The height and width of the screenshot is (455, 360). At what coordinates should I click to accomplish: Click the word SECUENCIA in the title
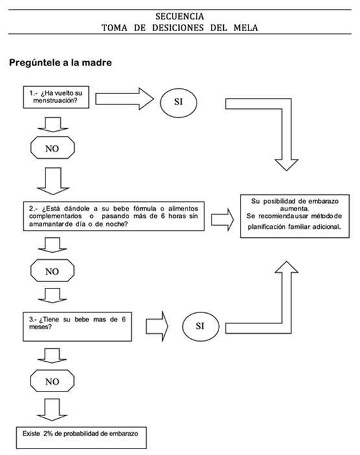tap(180, 16)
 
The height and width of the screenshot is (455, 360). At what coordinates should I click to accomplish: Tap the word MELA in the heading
tap(246, 28)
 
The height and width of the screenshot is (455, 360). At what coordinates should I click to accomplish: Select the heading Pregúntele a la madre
tap(60, 62)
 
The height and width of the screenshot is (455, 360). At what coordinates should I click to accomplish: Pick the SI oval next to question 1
tap(178, 102)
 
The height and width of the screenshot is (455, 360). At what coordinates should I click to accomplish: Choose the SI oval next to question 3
tap(200, 326)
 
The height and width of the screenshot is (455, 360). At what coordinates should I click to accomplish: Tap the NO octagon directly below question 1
tap(53, 148)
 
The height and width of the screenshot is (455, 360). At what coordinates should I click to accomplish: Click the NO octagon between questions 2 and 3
tap(53, 271)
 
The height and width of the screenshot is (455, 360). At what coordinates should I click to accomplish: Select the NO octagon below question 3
tap(53, 381)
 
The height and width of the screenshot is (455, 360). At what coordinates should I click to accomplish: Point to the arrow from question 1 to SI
tap(125, 99)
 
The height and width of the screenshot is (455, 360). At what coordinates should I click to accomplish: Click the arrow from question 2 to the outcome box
tap(222, 220)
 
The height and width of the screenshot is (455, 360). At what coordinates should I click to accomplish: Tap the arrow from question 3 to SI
tap(157, 327)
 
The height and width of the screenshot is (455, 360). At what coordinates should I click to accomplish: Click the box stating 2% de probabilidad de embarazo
tap(81, 438)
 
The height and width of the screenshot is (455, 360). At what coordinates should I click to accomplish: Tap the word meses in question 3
tap(40, 327)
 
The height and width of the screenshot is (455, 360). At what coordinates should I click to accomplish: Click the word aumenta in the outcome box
tap(294, 208)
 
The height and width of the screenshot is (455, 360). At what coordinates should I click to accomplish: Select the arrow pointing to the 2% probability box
tap(53, 410)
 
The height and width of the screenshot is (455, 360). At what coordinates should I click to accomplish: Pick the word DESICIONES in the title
tap(178, 28)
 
